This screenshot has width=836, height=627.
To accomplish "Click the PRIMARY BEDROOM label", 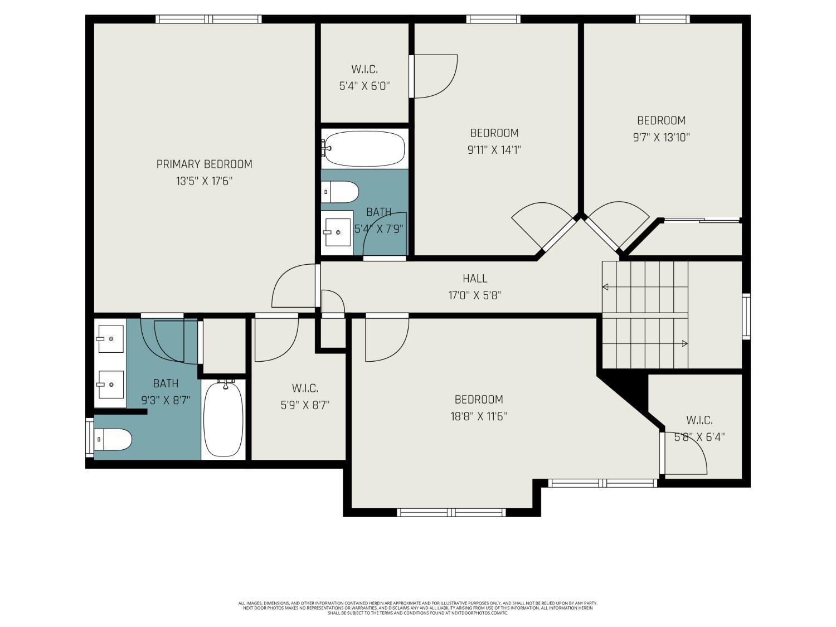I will [204, 164].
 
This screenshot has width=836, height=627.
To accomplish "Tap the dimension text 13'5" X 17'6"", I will [204, 181].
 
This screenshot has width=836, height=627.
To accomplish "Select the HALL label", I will [475, 278].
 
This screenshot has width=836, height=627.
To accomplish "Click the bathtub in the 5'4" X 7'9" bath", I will [364, 148].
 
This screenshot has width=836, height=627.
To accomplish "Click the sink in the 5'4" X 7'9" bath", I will [337, 232].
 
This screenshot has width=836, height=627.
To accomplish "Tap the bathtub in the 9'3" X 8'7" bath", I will [223, 419].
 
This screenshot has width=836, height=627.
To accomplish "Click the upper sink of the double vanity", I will [110, 339].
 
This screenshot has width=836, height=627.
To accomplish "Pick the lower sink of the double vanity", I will [110, 385].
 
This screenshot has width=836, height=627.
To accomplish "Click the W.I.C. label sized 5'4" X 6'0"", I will [364, 70].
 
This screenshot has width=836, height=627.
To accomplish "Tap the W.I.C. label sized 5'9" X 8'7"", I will [305, 388].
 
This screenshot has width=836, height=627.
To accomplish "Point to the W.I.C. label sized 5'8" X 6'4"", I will [699, 420].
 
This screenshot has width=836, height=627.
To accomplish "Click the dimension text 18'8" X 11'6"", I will [479, 416].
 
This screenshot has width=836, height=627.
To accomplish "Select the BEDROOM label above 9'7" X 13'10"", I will [661, 120].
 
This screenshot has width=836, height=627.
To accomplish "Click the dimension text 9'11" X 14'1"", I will [494, 150].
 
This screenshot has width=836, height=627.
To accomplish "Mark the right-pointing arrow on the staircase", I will [684, 344].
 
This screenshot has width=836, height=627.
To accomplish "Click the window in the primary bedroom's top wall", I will [208, 19].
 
